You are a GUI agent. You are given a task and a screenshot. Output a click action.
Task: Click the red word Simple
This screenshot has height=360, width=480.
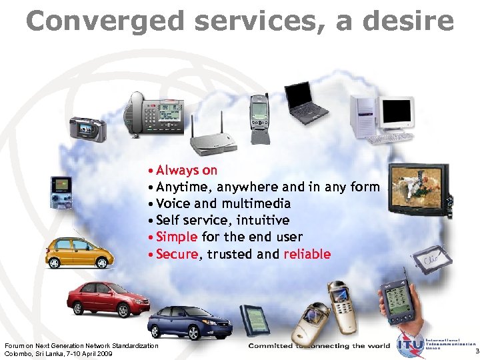177,237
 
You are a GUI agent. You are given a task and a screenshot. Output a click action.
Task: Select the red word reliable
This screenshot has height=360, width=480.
307,254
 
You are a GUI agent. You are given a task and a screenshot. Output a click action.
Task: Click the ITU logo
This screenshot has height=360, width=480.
409,345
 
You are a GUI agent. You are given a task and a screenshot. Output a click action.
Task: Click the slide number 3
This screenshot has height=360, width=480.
476,351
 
